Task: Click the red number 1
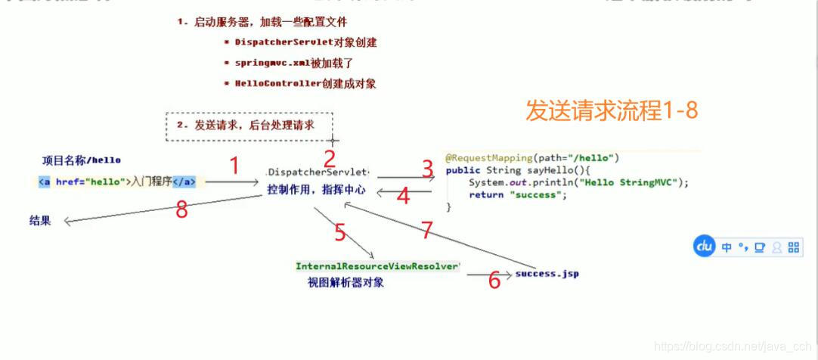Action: tap(234, 166)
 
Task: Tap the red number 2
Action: tap(329, 159)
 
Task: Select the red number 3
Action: tap(428, 169)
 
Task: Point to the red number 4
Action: tap(403, 197)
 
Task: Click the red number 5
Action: tap(340, 233)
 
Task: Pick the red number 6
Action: tap(494, 281)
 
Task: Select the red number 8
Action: tap(181, 210)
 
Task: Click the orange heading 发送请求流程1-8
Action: tap(612, 111)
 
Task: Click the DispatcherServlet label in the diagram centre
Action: tap(318, 172)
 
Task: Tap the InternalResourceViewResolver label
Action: tap(377, 266)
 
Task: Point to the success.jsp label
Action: tap(547, 274)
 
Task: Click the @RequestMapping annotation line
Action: tap(532, 158)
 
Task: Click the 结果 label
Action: tap(40, 221)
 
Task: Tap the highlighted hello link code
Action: tap(117, 182)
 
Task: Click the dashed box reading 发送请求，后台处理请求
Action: tap(249, 126)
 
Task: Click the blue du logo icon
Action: tap(705, 247)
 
